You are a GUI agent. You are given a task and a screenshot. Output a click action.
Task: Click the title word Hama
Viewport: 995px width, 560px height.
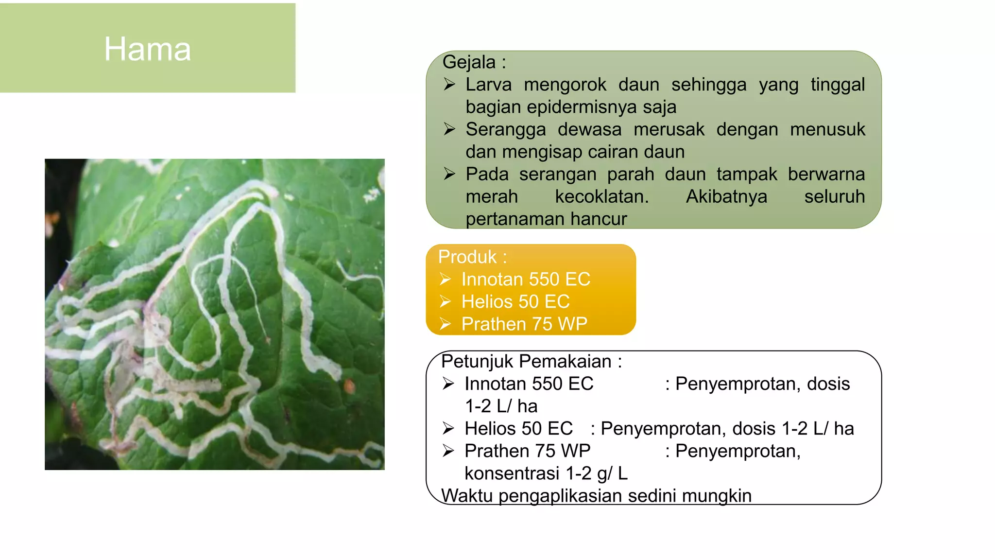(x=148, y=49)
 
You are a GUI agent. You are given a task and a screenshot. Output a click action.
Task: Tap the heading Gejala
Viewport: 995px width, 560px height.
(x=469, y=62)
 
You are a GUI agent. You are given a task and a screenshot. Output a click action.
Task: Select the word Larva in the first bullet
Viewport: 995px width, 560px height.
(x=488, y=85)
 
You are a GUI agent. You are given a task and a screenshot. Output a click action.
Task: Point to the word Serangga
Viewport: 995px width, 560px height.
(x=505, y=129)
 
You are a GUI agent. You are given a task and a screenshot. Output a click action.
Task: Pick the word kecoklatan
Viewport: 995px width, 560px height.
(x=601, y=196)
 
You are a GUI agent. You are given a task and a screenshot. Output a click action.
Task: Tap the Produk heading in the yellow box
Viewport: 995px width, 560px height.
(x=467, y=257)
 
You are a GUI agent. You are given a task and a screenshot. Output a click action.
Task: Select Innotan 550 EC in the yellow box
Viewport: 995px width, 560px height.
(x=526, y=279)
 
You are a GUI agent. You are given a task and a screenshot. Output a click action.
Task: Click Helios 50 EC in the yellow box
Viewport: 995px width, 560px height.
(x=515, y=301)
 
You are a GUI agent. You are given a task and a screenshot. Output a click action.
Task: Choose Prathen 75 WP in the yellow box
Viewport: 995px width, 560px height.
(x=524, y=324)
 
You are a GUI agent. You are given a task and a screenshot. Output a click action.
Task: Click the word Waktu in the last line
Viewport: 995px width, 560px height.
(x=467, y=495)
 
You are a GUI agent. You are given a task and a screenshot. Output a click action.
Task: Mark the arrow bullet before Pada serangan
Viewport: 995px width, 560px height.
(x=449, y=174)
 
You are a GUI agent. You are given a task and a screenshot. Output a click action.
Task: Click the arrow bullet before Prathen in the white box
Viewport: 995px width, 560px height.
(x=448, y=451)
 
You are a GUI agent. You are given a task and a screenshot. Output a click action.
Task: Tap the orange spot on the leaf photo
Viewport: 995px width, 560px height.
(x=349, y=387)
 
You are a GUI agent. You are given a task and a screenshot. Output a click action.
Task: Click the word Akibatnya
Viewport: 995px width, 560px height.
(x=726, y=196)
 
